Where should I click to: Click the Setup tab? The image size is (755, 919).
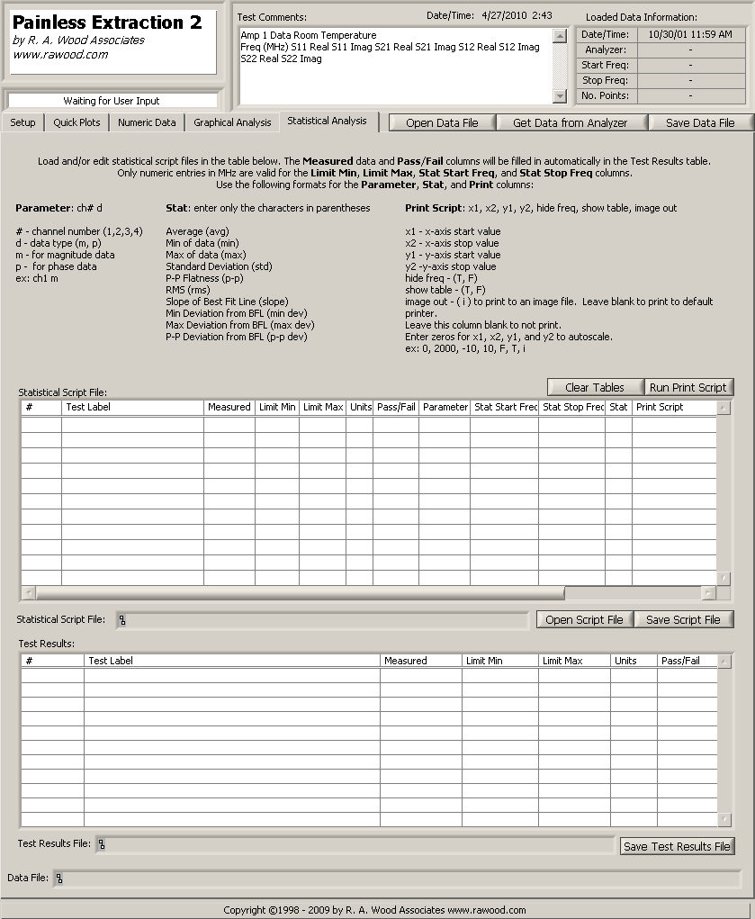23,122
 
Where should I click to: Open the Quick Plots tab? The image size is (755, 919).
76,122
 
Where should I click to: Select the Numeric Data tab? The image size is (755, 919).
147,122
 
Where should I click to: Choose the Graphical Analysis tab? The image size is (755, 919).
232,122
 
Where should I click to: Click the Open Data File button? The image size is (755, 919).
442,123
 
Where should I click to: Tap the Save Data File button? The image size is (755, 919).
700,123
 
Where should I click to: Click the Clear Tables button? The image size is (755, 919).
595,387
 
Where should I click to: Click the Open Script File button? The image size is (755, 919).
584,619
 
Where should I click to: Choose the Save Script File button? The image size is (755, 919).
683,619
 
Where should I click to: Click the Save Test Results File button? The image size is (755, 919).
677,846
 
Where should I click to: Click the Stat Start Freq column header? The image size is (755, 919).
505,407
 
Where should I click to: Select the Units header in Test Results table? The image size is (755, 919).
625,661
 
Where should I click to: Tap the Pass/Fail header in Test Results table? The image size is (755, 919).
680,661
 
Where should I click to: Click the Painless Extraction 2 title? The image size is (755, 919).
107,23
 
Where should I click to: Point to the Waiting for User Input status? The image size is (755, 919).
112,101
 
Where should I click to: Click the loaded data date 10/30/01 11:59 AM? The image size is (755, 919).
690,34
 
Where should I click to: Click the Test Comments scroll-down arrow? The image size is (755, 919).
560,95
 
